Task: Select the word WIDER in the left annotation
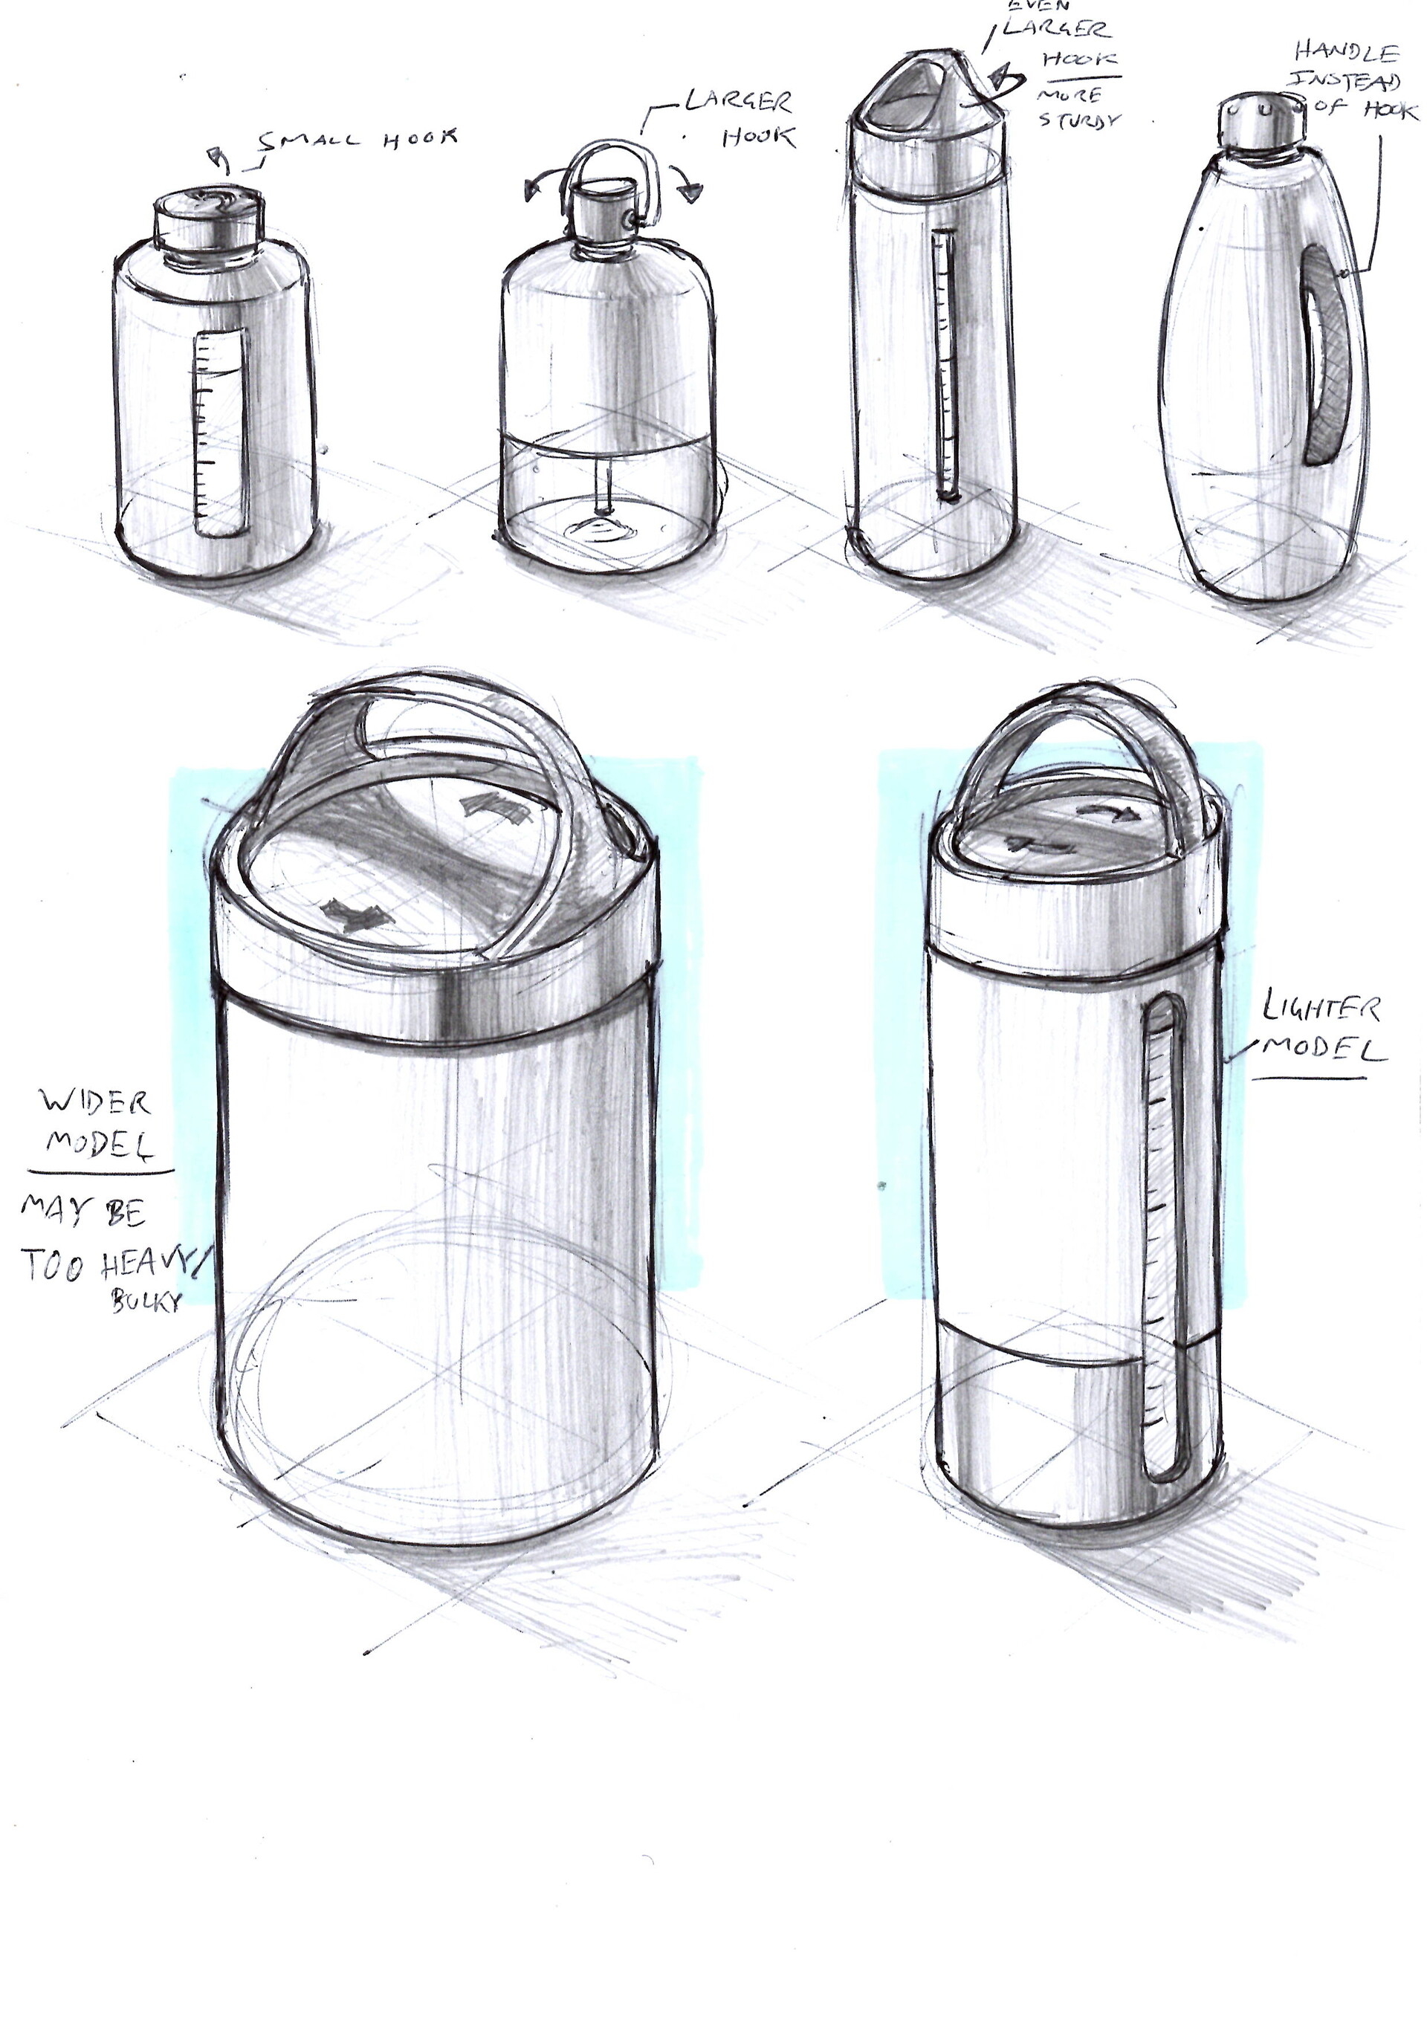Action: (95, 1102)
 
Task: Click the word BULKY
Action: (146, 1301)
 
